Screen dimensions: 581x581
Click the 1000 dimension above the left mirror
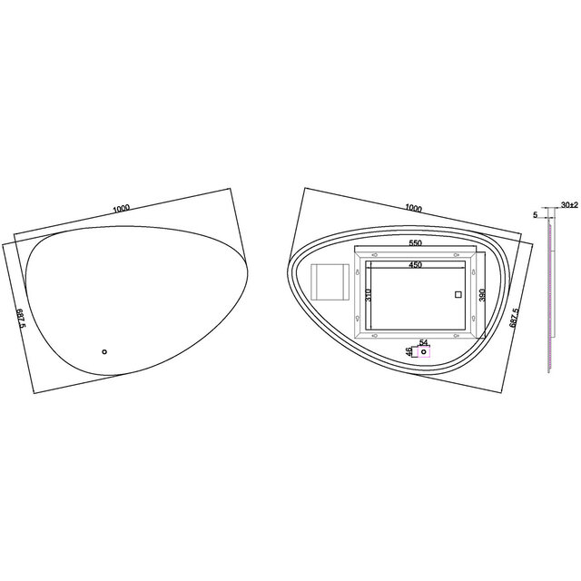(x=122, y=208)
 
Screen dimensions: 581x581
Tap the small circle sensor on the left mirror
(x=103, y=352)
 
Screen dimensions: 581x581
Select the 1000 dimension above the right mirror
(x=414, y=208)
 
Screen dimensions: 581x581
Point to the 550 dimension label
(x=415, y=243)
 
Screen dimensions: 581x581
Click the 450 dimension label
(x=415, y=265)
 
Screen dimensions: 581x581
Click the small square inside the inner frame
(x=458, y=294)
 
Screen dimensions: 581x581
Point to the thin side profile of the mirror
(x=549, y=300)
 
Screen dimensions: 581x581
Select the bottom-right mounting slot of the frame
(x=472, y=319)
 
